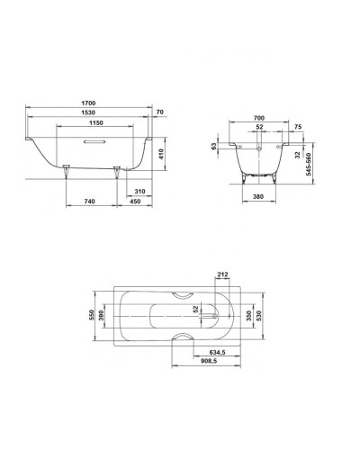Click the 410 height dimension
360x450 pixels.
click(164, 154)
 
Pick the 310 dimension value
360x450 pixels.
click(139, 192)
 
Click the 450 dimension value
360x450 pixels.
click(134, 202)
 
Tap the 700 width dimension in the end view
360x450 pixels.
click(259, 118)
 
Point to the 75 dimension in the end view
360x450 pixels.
click(298, 128)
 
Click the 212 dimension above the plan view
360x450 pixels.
click(222, 275)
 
